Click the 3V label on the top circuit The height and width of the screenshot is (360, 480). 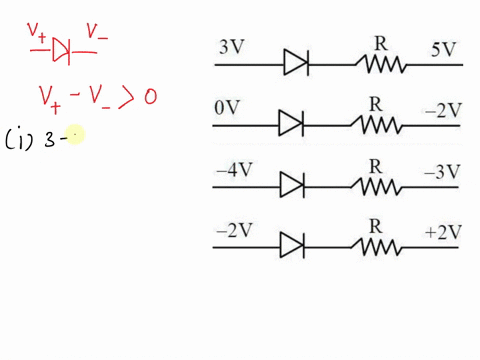click(x=231, y=47)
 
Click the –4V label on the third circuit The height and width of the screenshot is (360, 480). click(x=233, y=169)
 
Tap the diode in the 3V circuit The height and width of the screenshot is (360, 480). click(x=295, y=64)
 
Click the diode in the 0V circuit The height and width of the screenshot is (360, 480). click(x=291, y=125)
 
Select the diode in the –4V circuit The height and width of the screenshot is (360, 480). click(x=291, y=185)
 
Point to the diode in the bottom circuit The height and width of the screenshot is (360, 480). click(x=291, y=245)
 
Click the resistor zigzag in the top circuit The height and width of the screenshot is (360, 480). click(x=382, y=65)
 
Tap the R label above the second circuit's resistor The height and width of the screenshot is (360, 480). click(x=376, y=103)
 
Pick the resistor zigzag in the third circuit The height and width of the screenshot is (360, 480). click(x=376, y=186)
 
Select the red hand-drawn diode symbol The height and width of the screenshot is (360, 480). click(x=62, y=48)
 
